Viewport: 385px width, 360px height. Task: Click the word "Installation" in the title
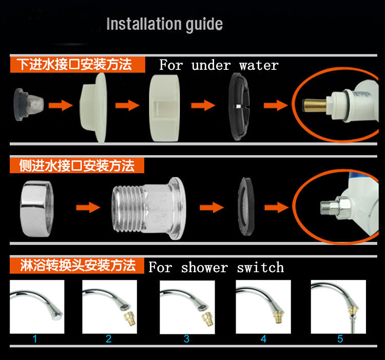click(x=144, y=24)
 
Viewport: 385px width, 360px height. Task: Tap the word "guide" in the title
click(x=204, y=25)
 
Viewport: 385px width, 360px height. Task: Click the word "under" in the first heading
click(x=211, y=65)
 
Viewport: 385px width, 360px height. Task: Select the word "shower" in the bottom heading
click(x=204, y=267)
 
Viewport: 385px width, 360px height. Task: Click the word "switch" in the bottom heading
click(x=260, y=267)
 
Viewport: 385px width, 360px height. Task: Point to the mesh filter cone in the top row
click(x=29, y=105)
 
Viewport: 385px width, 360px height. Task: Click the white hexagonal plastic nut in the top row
click(x=164, y=108)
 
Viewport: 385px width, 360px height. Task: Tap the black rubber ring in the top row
click(x=239, y=107)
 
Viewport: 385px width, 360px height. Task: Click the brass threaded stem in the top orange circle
click(x=315, y=105)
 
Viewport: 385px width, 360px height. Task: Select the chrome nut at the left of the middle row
click(x=37, y=209)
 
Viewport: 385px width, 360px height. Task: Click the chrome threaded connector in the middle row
click(x=149, y=209)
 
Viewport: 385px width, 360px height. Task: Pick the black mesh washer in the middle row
click(x=246, y=206)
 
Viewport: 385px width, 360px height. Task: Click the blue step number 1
click(x=35, y=339)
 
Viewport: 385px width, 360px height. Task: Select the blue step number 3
click(x=187, y=339)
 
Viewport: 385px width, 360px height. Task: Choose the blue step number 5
click(x=340, y=339)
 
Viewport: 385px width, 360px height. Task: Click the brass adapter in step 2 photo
click(x=129, y=318)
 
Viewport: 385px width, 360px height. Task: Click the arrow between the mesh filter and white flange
click(x=61, y=105)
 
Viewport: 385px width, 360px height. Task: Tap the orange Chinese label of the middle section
click(x=77, y=165)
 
